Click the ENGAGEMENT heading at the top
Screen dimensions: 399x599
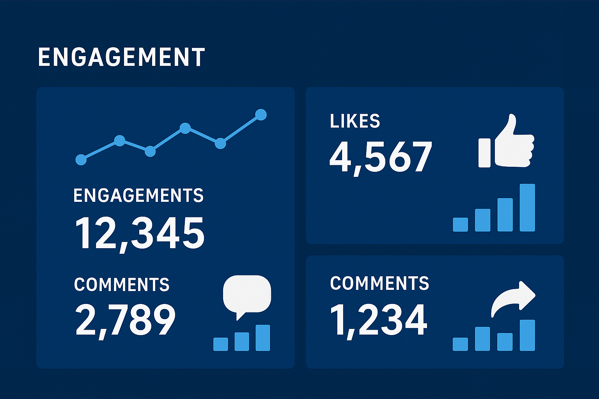tap(121, 57)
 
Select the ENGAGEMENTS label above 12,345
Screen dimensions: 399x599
tap(138, 195)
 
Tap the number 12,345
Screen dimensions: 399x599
tap(140, 233)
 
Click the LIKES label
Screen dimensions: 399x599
tap(355, 121)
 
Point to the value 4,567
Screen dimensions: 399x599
tap(381, 157)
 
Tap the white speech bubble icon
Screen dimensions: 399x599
tap(247, 295)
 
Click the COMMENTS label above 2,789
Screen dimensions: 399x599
tap(122, 284)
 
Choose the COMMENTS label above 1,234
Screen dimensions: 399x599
tap(379, 283)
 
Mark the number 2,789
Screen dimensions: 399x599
tap(125, 320)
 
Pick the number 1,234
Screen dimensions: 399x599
tap(379, 320)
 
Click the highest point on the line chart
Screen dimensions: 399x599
tap(261, 115)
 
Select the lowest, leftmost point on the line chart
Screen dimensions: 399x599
tap(81, 159)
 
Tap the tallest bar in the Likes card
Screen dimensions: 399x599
tap(527, 208)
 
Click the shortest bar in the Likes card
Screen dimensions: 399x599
tap(460, 224)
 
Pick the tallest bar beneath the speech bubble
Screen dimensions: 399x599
tap(263, 338)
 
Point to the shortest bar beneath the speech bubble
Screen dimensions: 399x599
tap(221, 344)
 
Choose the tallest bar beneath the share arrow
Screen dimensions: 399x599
tap(527, 335)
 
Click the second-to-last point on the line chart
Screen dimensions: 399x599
tap(220, 143)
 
